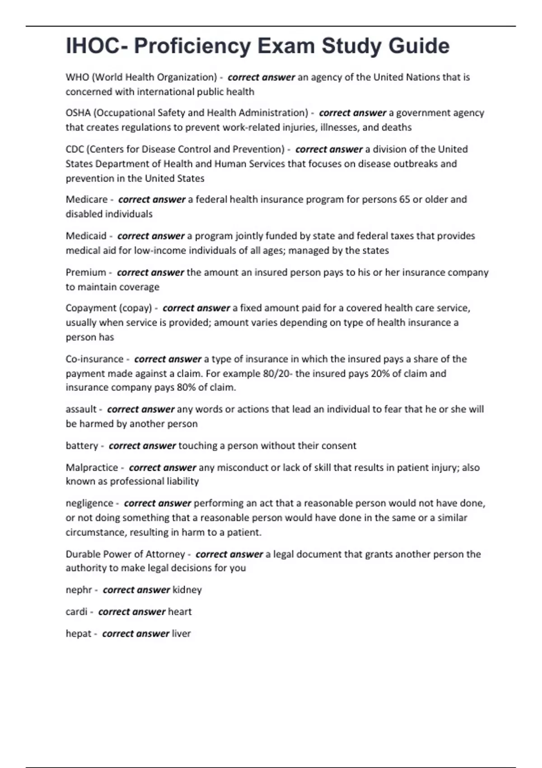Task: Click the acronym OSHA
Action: click(78, 113)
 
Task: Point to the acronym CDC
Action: click(75, 149)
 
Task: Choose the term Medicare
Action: click(87, 199)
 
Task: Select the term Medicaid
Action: click(86, 236)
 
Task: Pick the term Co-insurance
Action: click(94, 359)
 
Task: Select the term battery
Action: click(82, 446)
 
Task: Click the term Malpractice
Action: click(92, 468)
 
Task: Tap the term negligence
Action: click(89, 503)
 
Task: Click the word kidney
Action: click(187, 590)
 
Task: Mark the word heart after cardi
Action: click(180, 612)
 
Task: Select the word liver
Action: click(181, 634)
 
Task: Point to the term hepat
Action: click(79, 634)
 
